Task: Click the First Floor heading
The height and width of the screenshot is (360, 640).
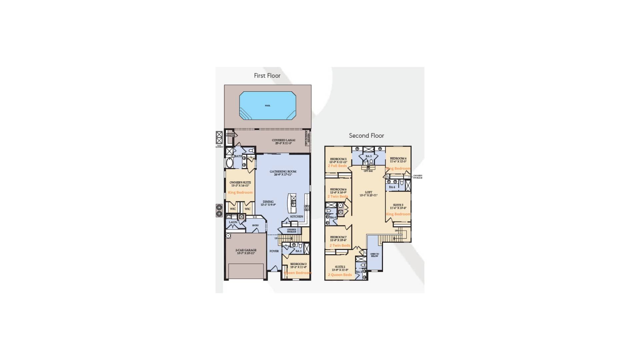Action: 267,76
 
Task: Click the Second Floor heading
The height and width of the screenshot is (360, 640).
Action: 366,136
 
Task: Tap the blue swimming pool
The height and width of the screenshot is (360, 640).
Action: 267,106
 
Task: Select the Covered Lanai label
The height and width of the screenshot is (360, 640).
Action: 283,140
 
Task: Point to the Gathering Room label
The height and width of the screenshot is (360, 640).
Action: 283,172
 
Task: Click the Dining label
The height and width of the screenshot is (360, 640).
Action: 268,202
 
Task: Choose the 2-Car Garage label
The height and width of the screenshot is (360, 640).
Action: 246,250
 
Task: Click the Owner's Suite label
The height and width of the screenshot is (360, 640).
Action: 240,183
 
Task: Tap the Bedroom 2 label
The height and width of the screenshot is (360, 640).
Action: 298,264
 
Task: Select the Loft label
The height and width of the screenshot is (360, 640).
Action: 368,192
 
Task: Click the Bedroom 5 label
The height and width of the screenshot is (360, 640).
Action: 338,159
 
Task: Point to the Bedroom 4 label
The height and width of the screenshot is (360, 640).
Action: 398,159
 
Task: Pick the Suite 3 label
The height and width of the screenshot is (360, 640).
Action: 398,205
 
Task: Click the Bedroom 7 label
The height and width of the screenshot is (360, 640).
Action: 338,237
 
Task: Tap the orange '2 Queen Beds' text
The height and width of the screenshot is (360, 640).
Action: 340,275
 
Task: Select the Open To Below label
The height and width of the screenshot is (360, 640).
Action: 374,255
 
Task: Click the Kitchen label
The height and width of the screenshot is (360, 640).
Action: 296,217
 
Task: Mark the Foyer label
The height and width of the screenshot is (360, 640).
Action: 274,251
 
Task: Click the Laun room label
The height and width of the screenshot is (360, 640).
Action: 233,222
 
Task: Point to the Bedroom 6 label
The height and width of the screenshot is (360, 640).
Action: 338,189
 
